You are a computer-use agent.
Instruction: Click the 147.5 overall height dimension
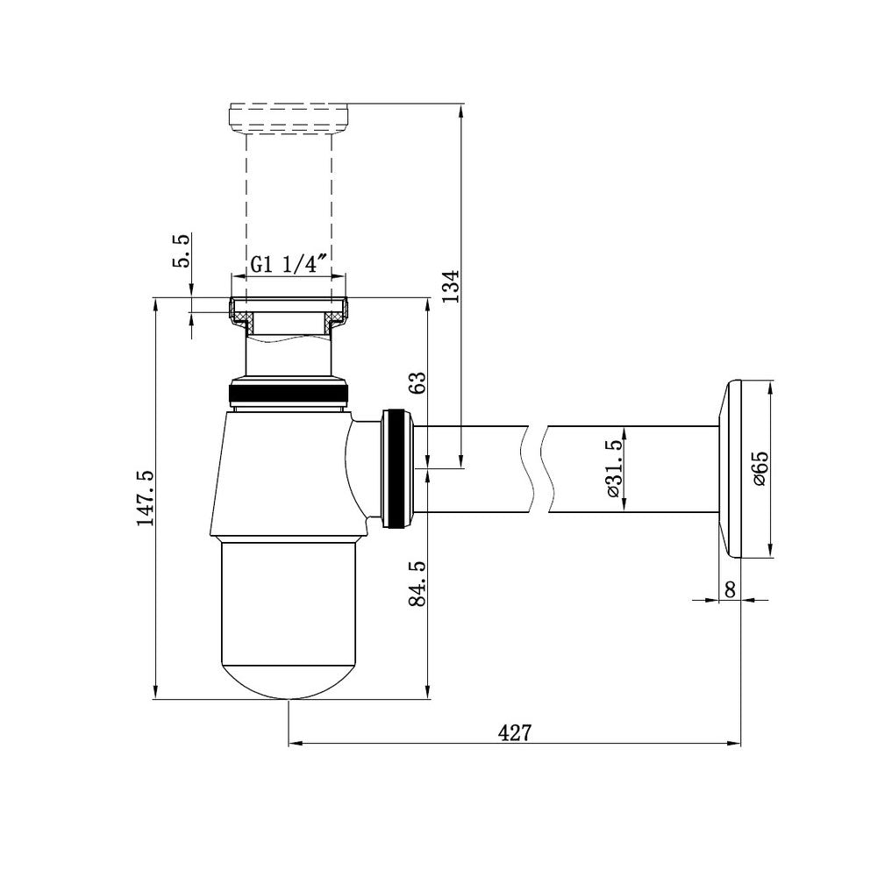pos(146,498)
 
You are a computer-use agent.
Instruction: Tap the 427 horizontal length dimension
pos(515,732)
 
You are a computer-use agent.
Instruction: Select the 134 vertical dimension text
pos(451,286)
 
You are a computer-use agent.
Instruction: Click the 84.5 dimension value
pos(418,583)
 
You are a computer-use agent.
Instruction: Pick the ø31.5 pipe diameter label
pos(613,468)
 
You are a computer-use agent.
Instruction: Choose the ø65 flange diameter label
pos(760,468)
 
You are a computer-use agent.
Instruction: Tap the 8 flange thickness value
pos(730,589)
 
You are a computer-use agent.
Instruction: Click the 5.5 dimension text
pos(182,251)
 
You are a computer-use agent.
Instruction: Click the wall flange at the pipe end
pos(730,469)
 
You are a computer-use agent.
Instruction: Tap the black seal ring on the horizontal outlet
pos(396,468)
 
